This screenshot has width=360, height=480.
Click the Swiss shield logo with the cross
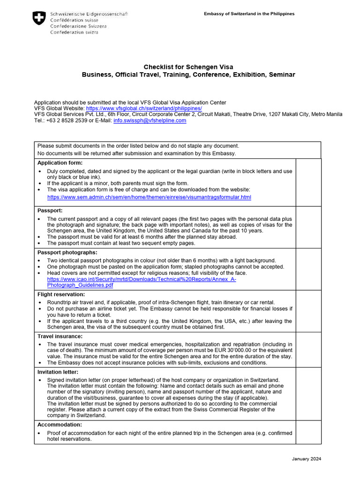(x=38, y=18)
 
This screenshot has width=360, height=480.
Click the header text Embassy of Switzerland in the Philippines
(x=249, y=14)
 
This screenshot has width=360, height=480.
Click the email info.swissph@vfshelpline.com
(x=150, y=120)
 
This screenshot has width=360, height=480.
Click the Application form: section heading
(x=60, y=163)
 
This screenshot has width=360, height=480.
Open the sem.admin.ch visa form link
(x=149, y=197)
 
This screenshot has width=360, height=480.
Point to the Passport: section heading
(x=50, y=211)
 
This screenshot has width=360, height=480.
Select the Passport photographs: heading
(x=67, y=253)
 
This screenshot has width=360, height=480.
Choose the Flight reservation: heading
(x=61, y=294)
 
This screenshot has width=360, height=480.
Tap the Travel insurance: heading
(x=60, y=336)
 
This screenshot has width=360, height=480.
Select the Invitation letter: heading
(x=58, y=372)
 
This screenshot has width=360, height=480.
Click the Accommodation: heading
(x=60, y=425)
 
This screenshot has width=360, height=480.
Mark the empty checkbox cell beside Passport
(x=308, y=227)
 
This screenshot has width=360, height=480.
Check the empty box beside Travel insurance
(x=308, y=350)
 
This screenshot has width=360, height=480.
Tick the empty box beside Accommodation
(x=308, y=432)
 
